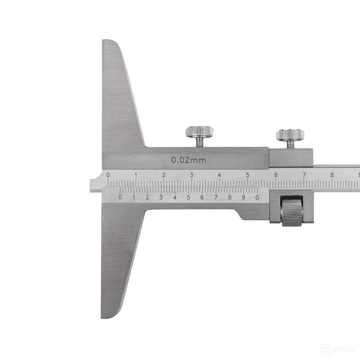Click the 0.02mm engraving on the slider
point(189,160)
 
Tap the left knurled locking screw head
point(199,132)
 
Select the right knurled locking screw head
point(290,134)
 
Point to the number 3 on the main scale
point(192,175)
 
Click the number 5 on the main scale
point(247,175)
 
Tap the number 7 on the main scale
point(304,175)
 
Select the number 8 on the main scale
point(332,175)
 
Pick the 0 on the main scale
point(108,175)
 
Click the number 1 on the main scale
point(136,175)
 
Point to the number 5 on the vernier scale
point(188,197)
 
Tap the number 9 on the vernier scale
point(243,197)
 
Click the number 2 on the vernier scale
point(147,197)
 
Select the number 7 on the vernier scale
point(216,197)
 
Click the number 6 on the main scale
point(275,175)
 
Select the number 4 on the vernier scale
point(175,197)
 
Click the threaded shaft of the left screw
point(199,142)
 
